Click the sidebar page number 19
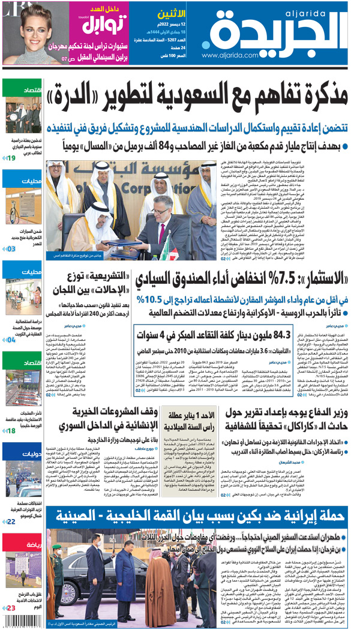[11, 158]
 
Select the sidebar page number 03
[11, 248]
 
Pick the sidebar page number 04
[11, 340]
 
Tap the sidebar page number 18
[11, 431]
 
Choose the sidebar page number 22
[11, 522]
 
